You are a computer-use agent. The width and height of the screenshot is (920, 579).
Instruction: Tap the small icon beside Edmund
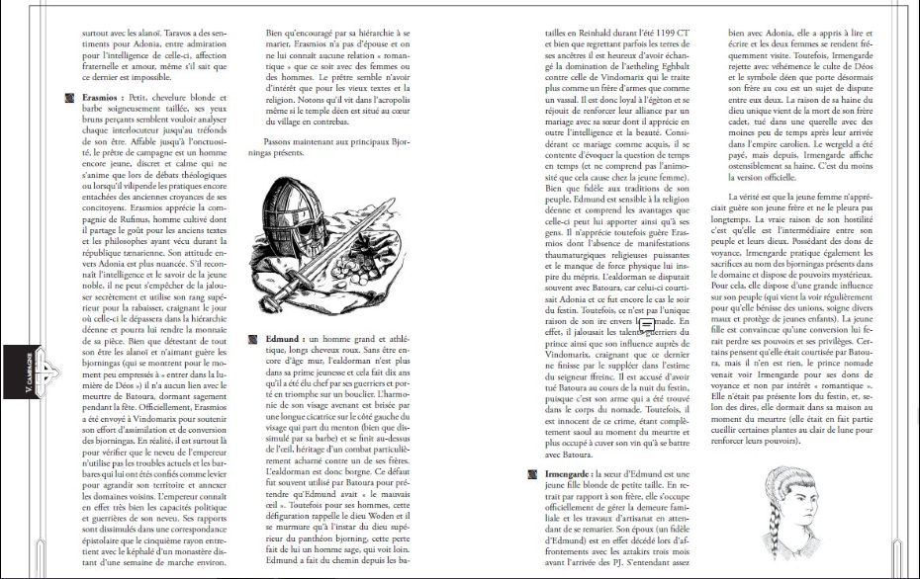point(254,339)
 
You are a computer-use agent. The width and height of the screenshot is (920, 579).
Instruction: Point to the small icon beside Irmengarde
point(534,475)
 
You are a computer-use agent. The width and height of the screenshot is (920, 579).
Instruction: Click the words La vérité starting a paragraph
point(739,196)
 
